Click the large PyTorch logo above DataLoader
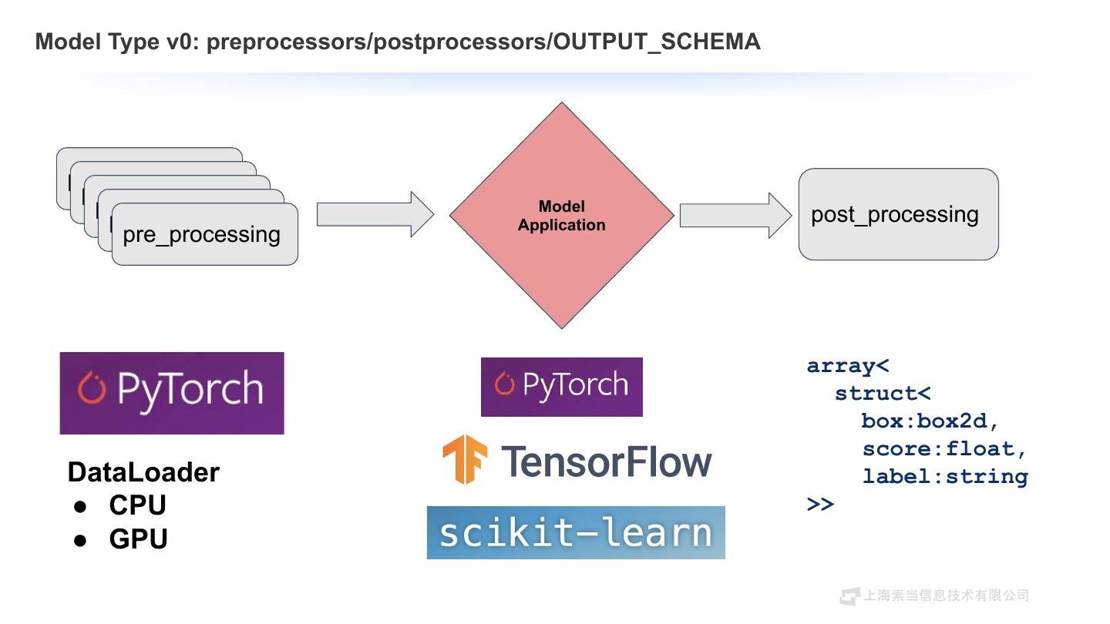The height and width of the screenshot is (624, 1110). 172,393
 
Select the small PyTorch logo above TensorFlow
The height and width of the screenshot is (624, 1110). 561,387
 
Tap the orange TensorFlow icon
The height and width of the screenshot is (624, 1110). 465,460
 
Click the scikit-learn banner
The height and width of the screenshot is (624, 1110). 576,532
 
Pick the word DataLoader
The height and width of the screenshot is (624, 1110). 143,472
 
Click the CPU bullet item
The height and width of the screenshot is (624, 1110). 137,505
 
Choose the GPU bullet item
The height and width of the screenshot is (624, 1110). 138,538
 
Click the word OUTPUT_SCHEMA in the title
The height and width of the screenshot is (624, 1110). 658,42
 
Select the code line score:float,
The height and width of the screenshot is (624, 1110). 944,448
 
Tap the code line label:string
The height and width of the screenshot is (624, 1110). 944,476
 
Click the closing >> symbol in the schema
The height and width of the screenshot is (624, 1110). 821,504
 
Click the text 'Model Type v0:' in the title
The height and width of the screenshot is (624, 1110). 118,42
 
